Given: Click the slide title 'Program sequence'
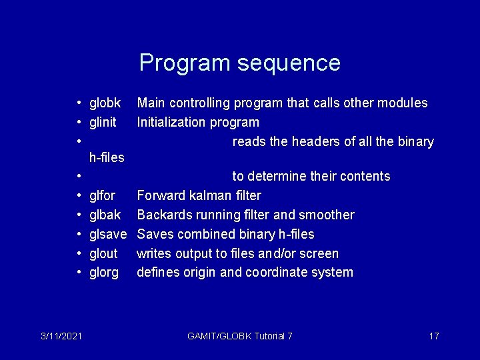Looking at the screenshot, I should (239, 63).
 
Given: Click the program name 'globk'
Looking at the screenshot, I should (105, 103).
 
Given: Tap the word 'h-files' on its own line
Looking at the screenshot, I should (107, 158).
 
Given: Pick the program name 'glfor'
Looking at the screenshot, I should (102, 196).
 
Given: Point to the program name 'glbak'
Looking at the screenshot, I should (105, 215).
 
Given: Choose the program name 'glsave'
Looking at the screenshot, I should (107, 235).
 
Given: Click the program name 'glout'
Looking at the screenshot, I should (103, 254).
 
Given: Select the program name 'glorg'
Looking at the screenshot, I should (104, 273).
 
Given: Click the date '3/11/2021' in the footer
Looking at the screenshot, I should (60, 336).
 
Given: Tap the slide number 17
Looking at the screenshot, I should (433, 336).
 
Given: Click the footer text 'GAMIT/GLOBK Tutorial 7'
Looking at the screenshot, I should (240, 336).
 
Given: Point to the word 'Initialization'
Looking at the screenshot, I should (171, 123).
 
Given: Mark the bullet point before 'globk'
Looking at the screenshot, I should (79, 103).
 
